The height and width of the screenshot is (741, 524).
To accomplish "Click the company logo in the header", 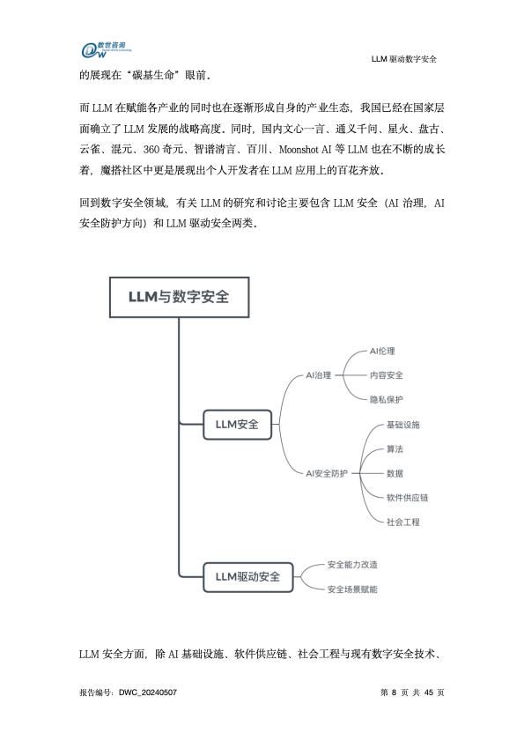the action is tap(106, 49).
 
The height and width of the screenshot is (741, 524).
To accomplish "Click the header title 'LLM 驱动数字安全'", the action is tap(403, 59).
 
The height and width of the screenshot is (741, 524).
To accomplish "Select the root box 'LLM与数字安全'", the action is tap(179, 297).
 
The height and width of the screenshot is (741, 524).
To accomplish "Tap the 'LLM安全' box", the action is tap(237, 425).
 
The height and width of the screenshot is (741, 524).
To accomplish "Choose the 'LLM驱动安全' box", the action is tap(248, 577).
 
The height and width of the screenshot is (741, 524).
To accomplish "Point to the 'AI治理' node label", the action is tap(319, 375).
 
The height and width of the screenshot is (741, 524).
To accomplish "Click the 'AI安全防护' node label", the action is tap(327, 473).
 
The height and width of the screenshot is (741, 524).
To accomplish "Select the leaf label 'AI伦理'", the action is tap(382, 352).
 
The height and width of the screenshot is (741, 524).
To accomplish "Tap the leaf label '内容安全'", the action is tap(386, 375).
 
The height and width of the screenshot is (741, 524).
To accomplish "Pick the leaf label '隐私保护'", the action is tap(386, 399).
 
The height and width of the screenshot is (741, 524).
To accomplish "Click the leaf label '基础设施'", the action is tap(403, 425).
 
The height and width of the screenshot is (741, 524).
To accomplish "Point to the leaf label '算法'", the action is tap(395, 449).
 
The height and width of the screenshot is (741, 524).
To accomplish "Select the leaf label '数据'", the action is tap(395, 473).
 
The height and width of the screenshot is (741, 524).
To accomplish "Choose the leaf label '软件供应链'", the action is tap(407, 498).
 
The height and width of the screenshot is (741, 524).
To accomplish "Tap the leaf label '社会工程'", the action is tap(403, 522).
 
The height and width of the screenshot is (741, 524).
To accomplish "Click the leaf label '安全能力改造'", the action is tap(352, 565).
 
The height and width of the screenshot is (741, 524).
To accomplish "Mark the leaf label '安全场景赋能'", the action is tap(352, 589).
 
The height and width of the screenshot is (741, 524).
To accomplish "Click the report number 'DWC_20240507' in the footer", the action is tap(148, 693).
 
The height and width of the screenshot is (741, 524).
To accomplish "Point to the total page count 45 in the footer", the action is tap(429, 693).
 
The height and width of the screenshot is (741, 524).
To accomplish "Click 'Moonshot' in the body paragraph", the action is tap(299, 149).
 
